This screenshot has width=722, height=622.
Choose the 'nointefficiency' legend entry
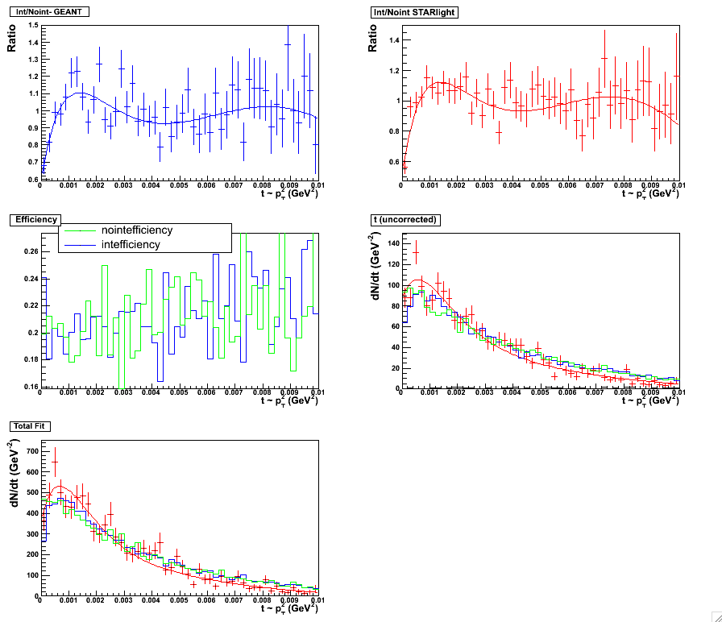[x=136, y=230]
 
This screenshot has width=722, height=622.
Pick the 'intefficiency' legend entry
[x=131, y=244]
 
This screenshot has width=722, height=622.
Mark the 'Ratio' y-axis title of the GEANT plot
[x=12, y=36]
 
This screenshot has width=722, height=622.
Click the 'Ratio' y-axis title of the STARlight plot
[x=373, y=36]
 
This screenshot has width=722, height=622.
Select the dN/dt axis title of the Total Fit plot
[x=12, y=470]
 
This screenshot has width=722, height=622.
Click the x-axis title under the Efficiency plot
[x=290, y=400]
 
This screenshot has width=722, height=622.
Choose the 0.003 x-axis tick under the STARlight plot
[x=484, y=185]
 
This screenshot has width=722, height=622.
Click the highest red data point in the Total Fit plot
[x=55, y=461]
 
